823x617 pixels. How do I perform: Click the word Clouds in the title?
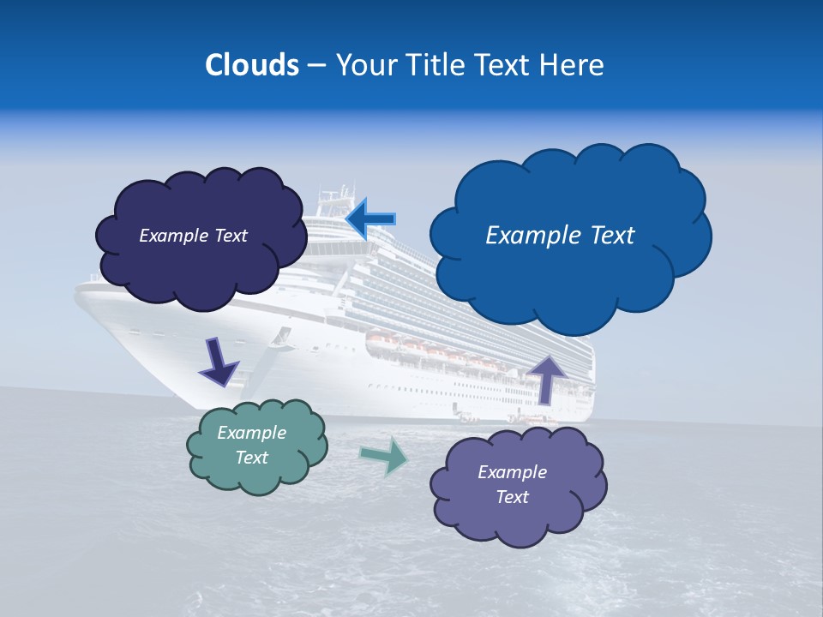click(251, 65)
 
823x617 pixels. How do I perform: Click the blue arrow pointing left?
click(370, 219)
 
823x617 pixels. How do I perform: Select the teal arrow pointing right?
click(384, 456)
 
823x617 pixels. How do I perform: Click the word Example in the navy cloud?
click(171, 236)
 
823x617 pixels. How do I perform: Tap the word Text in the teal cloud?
click(252, 458)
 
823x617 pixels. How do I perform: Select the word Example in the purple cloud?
click(512, 472)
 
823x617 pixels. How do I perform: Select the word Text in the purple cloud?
click(512, 497)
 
